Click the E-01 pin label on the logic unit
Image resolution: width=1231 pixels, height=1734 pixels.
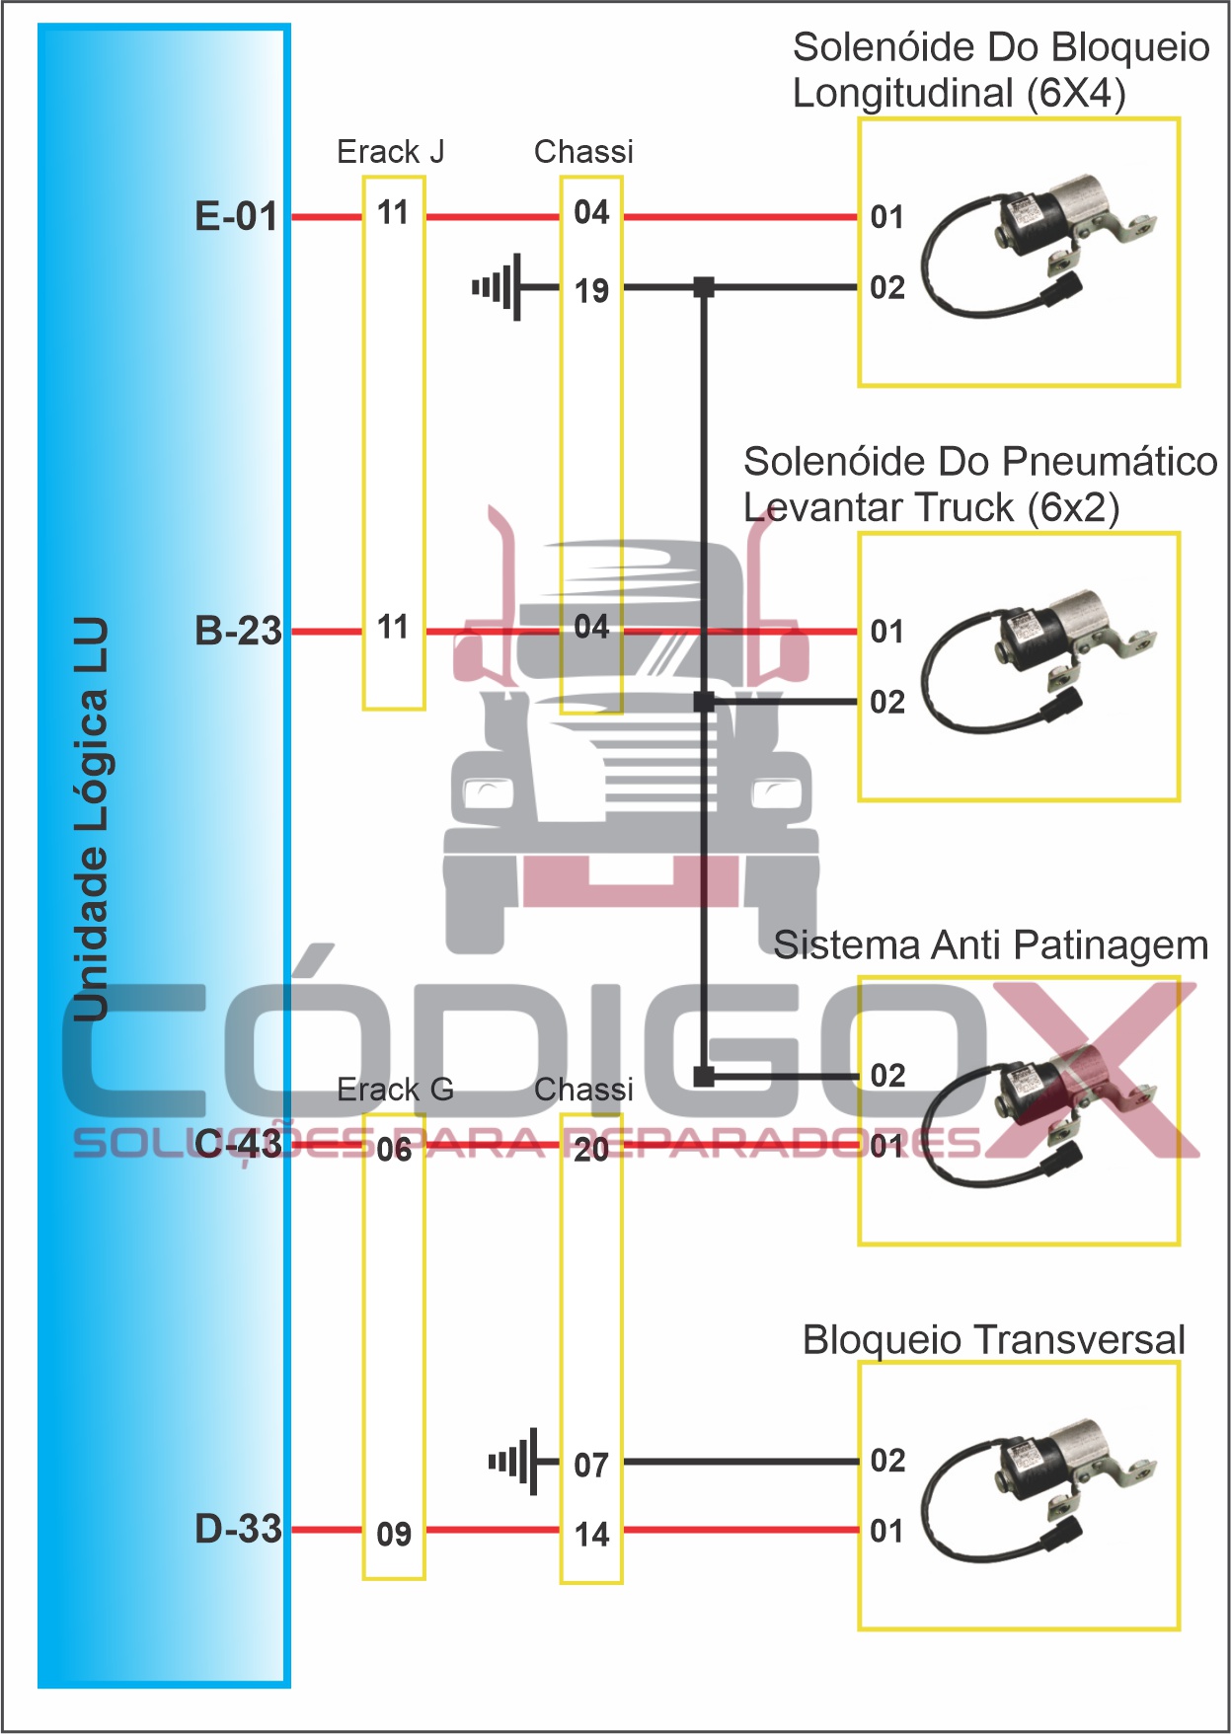point(237,216)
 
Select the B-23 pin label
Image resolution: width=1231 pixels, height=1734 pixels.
point(238,631)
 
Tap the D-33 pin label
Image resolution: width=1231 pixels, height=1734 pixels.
point(238,1529)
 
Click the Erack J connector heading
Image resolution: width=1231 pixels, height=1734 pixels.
point(390,152)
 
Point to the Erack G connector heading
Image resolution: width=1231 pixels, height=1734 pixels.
point(395,1090)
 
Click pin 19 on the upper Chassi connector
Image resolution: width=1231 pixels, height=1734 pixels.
point(591,291)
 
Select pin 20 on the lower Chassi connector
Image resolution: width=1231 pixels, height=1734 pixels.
point(591,1149)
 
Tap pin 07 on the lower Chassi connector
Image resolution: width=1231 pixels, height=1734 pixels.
point(591,1466)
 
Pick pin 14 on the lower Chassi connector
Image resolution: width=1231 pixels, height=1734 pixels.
point(591,1535)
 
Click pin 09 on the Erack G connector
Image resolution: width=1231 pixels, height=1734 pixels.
point(394,1535)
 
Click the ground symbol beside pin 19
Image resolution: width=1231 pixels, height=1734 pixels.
point(500,287)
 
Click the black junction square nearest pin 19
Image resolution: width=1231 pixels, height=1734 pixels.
point(704,287)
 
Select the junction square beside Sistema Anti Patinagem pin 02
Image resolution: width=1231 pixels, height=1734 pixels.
point(704,1076)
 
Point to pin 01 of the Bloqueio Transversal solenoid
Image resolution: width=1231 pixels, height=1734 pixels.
point(887,1531)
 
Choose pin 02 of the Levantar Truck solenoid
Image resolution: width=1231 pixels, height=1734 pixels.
point(887,702)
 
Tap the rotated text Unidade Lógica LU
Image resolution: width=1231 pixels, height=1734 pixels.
point(91,819)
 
